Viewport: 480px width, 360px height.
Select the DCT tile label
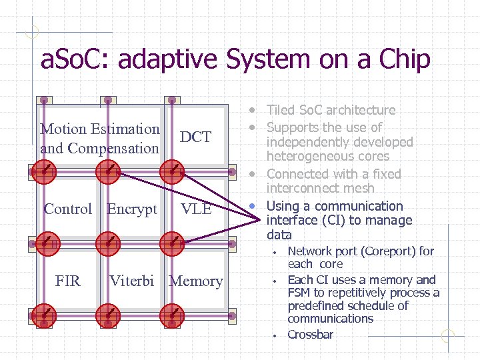tap(195, 137)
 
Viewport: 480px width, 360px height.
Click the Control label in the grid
tap(67, 209)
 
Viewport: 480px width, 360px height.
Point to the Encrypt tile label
tap(132, 209)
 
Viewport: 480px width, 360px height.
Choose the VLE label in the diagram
tap(196, 209)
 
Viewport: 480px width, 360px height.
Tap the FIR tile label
tap(67, 281)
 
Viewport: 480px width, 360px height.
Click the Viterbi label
tap(132, 281)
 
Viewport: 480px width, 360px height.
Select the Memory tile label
tap(196, 281)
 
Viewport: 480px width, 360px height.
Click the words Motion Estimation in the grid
tap(100, 129)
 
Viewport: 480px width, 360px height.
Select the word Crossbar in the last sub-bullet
tap(310, 335)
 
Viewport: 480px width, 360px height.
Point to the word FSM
tap(300, 293)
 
